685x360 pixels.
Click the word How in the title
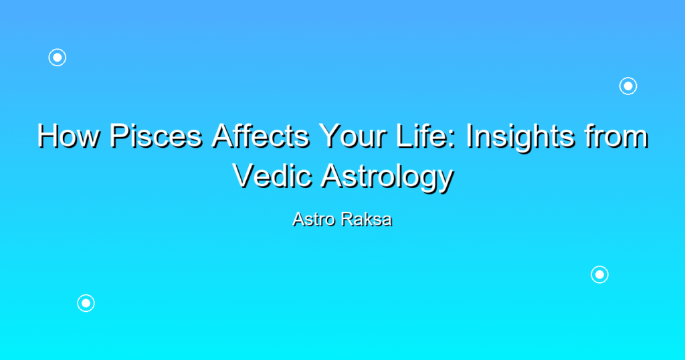(68, 136)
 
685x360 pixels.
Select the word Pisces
(156, 136)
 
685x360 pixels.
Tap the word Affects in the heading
(260, 136)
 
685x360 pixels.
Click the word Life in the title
(421, 136)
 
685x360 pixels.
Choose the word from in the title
(617, 136)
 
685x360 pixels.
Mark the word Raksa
(367, 219)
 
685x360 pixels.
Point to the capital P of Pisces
(119, 136)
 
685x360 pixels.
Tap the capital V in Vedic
(244, 176)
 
